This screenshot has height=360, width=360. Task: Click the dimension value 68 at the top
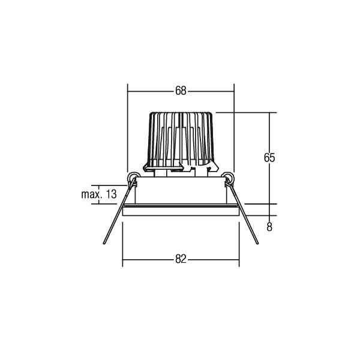181,91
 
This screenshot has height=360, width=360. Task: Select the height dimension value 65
269,158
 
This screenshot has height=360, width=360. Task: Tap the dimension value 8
269,227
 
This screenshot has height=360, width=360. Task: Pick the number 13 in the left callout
110,194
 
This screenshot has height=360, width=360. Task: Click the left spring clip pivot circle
134,177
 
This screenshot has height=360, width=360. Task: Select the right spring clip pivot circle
228,177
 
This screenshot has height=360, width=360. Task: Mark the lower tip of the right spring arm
257,244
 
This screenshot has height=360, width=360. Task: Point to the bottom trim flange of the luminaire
181,211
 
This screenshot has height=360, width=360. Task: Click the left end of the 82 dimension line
123,259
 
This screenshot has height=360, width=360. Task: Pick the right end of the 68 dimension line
233,91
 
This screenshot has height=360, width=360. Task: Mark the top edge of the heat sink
181,112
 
